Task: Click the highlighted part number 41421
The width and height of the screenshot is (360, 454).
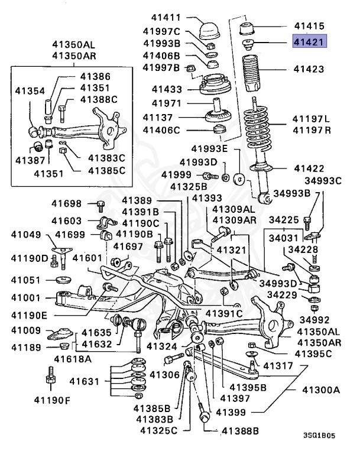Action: click(x=310, y=41)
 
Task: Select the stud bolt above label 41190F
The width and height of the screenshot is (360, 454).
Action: click(x=48, y=378)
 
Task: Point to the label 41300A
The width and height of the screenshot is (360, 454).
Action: click(x=321, y=390)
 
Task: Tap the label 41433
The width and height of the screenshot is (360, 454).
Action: click(x=167, y=89)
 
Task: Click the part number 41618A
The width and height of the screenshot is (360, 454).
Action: click(x=73, y=359)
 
